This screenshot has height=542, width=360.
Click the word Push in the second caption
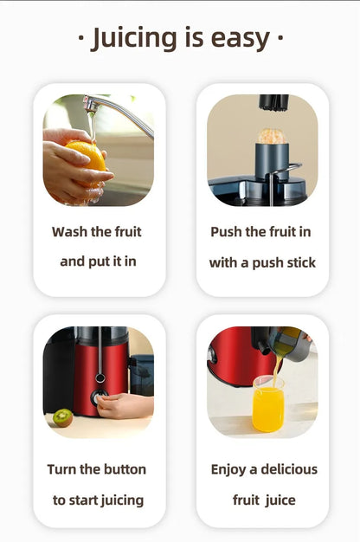point(228,232)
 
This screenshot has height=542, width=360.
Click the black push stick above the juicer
point(273,103)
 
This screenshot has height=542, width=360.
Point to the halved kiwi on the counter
point(62,417)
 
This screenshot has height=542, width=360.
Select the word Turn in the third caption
point(62,469)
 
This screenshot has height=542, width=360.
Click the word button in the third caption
point(125,469)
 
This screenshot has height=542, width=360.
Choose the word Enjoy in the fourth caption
point(229,469)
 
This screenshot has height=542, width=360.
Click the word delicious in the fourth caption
point(288,469)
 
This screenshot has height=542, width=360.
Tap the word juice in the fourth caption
point(280,500)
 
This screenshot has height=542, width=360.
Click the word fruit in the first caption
point(125,232)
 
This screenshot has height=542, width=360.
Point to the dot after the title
point(280,39)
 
